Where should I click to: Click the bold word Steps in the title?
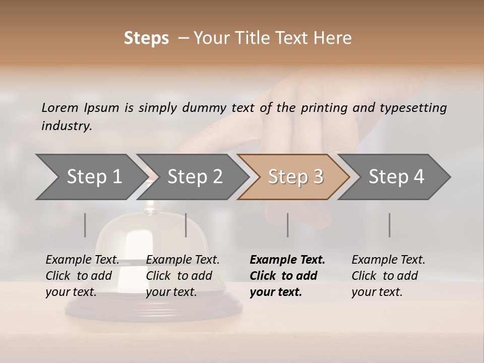pyautogui.click(x=146, y=38)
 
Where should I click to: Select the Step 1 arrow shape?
pyautogui.click(x=91, y=177)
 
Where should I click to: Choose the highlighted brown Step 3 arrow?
pyautogui.click(x=295, y=177)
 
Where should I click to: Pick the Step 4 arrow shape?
pyautogui.click(x=396, y=177)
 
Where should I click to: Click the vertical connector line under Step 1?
pyautogui.click(x=85, y=225)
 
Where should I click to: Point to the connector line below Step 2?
pyautogui.click(x=186, y=225)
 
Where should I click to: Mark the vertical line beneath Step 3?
pyautogui.click(x=287, y=225)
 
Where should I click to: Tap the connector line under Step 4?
pyautogui.click(x=389, y=225)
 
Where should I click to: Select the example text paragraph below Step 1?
pyautogui.click(x=82, y=276)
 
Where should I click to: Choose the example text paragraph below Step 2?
pyautogui.click(x=182, y=276)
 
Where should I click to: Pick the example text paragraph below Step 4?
pyautogui.click(x=388, y=276)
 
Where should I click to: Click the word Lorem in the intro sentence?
pyautogui.click(x=60, y=107)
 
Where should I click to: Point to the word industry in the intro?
pyautogui.click(x=66, y=126)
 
